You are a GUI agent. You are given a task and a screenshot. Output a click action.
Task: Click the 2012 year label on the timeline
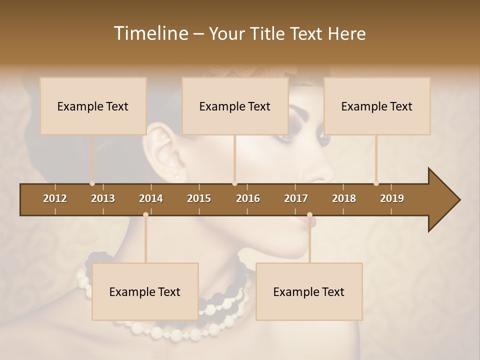(55, 198)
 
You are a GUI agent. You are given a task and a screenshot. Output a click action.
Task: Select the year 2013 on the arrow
(103, 198)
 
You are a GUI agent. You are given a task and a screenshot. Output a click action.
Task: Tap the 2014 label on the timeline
(151, 198)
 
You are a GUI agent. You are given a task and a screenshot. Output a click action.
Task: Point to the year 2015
(199, 198)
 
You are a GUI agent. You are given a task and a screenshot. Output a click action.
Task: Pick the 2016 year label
(248, 198)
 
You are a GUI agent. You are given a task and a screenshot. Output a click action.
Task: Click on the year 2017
(296, 198)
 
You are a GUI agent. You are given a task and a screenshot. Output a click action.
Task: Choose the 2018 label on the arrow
(344, 198)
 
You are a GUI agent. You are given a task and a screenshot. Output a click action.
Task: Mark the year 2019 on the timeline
(392, 198)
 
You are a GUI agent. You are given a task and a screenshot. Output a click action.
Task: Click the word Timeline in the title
(150, 33)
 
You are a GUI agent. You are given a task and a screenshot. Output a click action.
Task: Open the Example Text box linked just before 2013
(93, 106)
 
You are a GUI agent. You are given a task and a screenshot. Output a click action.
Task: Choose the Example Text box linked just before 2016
(235, 106)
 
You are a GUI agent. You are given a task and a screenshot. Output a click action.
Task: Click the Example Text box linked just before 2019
(377, 106)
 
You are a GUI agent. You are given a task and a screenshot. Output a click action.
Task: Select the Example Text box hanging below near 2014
(145, 291)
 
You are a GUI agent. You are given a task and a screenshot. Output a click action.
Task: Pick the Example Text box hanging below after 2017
(309, 291)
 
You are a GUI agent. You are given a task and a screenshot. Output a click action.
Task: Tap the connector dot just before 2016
(234, 183)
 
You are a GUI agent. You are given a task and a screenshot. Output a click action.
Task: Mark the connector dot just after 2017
(309, 215)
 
